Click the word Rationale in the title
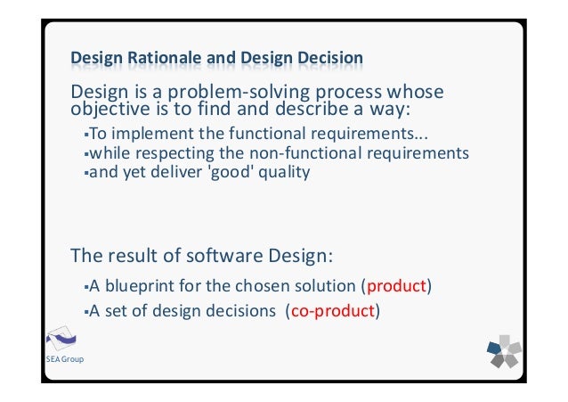tap(166, 60)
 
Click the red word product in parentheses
tap(396, 287)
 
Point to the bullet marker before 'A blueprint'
tap(84, 288)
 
